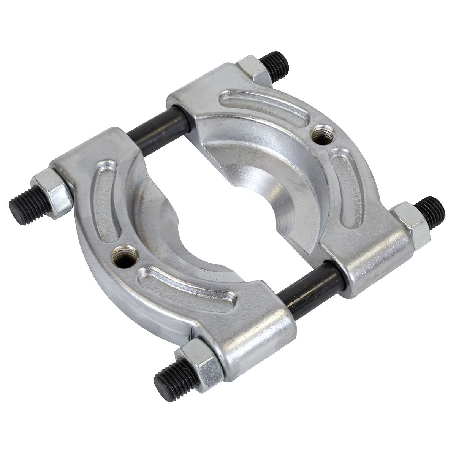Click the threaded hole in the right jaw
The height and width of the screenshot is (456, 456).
click(322, 135)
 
